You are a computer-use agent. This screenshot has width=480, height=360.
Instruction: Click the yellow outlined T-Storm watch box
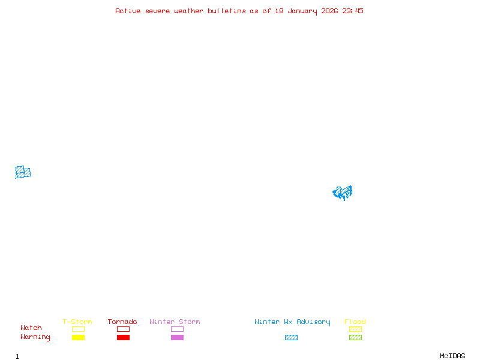tap(78, 329)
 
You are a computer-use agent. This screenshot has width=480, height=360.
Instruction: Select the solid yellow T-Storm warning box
tap(78, 338)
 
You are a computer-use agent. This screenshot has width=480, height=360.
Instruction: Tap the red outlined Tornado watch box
tap(123, 329)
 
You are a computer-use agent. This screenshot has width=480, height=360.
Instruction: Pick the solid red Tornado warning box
tap(123, 338)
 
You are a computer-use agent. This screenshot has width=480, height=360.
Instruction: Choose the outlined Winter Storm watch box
tap(177, 329)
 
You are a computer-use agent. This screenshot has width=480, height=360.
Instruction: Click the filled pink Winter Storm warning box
tap(177, 338)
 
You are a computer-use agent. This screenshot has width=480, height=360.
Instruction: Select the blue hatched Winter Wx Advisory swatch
tap(291, 338)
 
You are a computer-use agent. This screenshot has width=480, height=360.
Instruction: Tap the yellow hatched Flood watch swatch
tap(355, 329)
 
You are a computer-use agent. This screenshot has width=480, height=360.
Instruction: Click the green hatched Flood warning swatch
tap(355, 338)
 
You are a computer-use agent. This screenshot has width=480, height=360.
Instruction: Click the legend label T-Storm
tap(77, 322)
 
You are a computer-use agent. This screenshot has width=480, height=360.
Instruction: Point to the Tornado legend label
tap(122, 322)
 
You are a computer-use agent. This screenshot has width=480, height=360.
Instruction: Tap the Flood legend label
tap(355, 322)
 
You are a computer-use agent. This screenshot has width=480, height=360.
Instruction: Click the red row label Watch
tap(31, 328)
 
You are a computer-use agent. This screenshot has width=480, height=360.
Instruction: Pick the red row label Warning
tap(35, 337)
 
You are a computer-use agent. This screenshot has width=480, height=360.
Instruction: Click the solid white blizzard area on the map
tap(23, 158)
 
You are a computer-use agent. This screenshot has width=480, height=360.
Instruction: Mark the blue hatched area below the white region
tap(23, 173)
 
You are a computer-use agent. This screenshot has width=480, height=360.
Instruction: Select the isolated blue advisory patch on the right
tap(343, 193)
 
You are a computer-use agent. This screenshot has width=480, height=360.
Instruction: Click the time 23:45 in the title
tap(353, 11)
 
